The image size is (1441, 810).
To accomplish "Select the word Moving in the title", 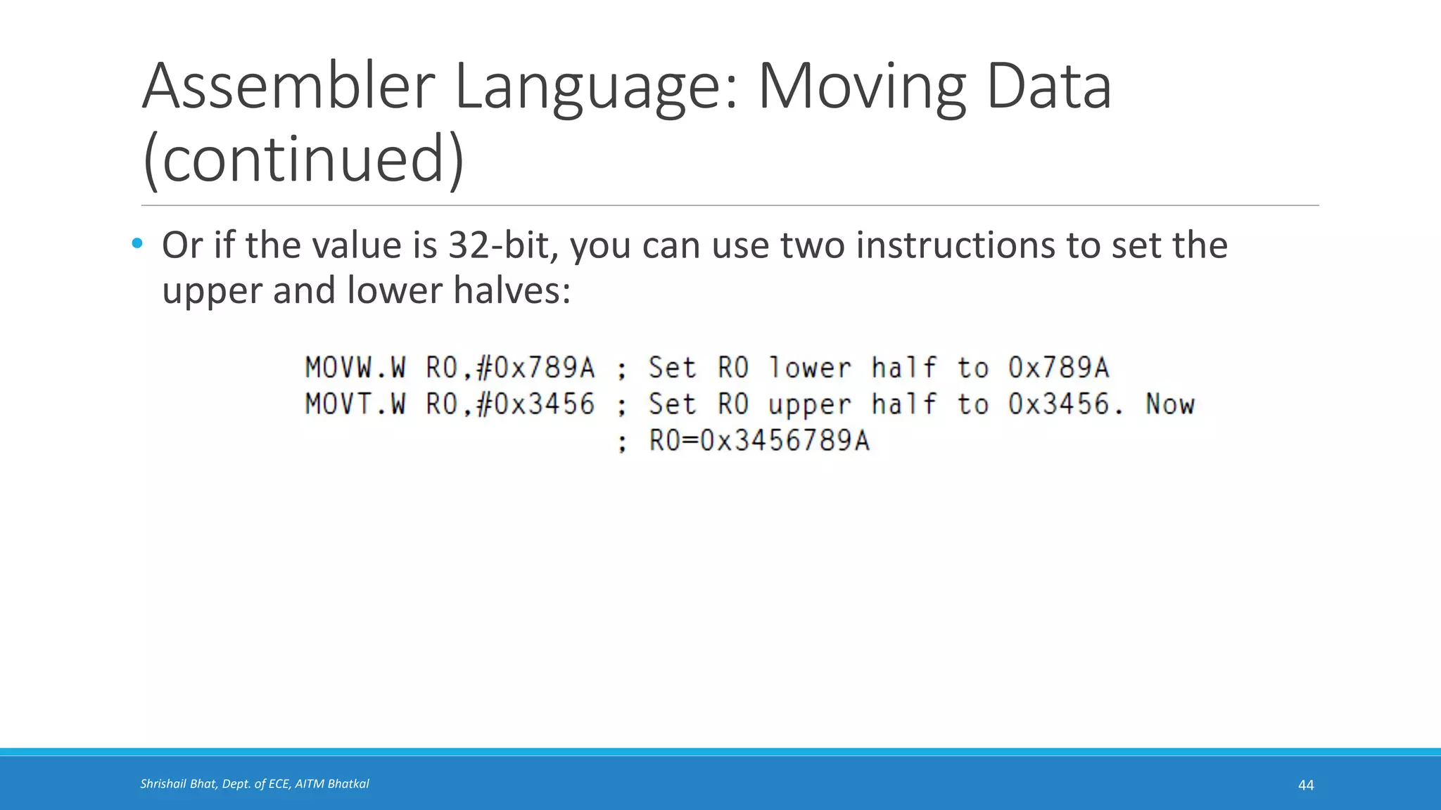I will coord(861,87).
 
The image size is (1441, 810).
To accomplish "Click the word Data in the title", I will coord(1048,87).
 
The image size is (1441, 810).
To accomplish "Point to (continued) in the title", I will coord(303,159).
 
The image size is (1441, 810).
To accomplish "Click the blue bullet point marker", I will coord(137,244).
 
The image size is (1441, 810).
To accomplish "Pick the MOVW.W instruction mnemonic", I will coord(355,368).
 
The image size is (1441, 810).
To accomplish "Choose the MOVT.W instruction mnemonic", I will coord(355,404).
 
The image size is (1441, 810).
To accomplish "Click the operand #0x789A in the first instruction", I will coord(535,368).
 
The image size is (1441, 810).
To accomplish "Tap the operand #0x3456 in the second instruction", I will coord(535,404).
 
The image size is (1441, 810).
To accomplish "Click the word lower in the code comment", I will coord(809,368).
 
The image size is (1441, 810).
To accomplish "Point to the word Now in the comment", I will coord(1169,404).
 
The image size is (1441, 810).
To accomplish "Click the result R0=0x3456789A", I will coord(759,441).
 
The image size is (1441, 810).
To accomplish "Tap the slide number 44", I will coord(1305,785).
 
